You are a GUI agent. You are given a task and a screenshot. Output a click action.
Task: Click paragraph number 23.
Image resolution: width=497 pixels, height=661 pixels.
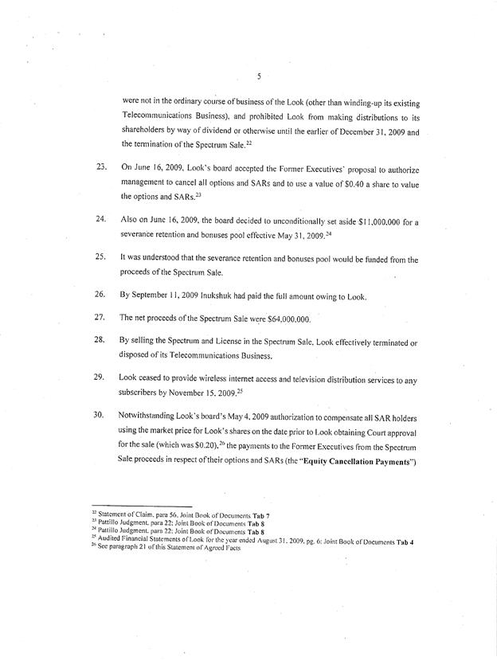[100, 169]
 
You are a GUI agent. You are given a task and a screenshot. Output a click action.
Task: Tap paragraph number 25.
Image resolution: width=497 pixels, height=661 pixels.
[100, 256]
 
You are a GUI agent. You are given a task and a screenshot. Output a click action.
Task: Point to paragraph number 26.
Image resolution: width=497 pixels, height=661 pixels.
[100, 296]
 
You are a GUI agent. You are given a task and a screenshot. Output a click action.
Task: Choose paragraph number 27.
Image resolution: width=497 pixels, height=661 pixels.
[100, 317]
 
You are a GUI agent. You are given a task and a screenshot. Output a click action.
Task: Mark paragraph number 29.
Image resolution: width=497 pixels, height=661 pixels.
[100, 380]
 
